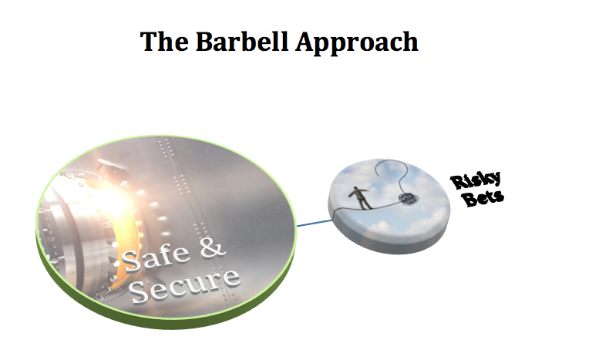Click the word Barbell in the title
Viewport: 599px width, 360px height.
[236, 41]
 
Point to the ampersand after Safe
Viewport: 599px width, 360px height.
[212, 249]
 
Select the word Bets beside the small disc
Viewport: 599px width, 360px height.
[487, 199]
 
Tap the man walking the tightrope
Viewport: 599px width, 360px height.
[355, 196]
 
